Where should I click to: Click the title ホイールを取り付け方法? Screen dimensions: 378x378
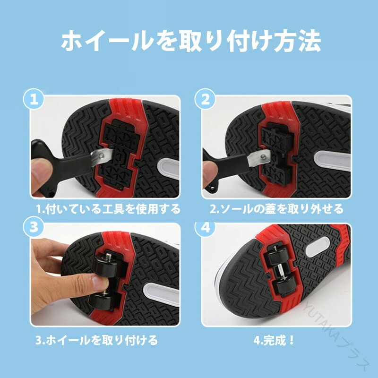coord(191,41)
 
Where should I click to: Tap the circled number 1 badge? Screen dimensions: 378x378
coord(34,99)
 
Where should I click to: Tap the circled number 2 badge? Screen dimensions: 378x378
coord(205,99)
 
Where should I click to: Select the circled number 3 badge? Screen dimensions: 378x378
coord(34,227)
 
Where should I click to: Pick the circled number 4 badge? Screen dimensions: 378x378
coord(205,228)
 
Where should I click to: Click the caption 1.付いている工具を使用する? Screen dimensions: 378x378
coord(108,209)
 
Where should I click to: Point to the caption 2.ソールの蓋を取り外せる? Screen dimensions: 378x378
coord(276,209)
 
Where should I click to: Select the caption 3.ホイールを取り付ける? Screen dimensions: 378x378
coord(97,340)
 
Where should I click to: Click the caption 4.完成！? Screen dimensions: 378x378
coord(274,340)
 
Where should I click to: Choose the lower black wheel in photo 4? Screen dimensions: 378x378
coord(286,286)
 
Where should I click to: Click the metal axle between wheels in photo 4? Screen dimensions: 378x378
coord(280,271)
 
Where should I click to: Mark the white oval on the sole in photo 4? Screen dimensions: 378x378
coord(318,247)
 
